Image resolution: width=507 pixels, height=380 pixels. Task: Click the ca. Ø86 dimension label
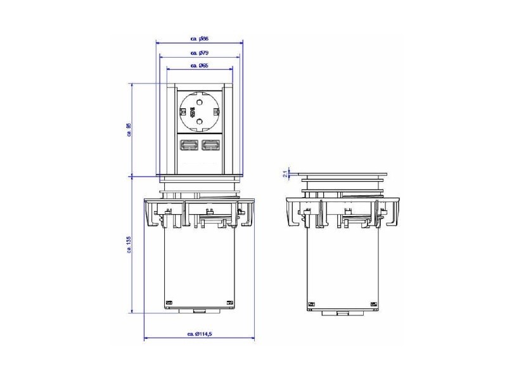click(x=199, y=39)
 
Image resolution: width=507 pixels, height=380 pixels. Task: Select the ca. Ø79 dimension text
click(x=199, y=53)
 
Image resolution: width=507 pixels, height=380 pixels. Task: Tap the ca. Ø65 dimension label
click(x=199, y=65)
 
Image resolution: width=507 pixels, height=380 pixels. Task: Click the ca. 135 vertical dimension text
click(x=129, y=244)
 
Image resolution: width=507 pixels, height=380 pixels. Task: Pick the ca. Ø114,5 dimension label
click(x=199, y=334)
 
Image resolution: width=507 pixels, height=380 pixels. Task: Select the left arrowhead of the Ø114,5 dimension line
click(x=147, y=338)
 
